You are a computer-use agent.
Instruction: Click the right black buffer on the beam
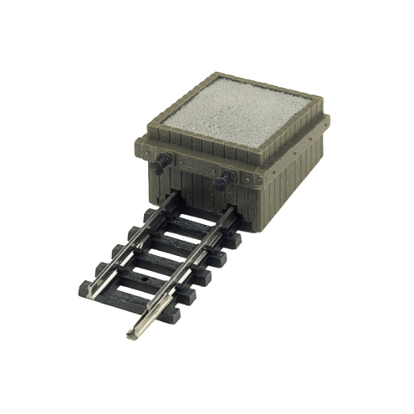(224, 179)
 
